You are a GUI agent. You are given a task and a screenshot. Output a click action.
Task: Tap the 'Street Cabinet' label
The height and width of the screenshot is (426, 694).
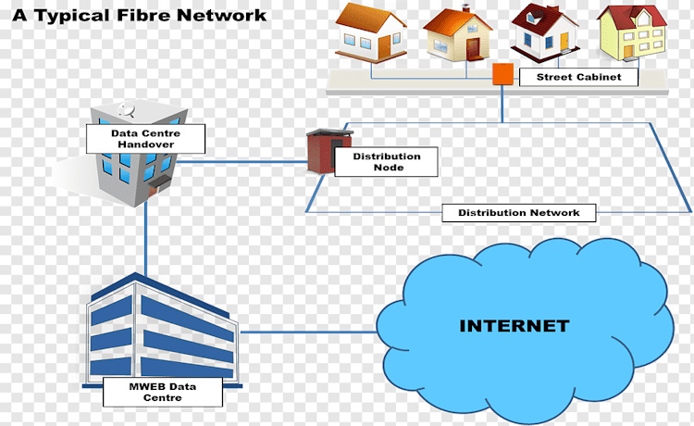[x=577, y=78]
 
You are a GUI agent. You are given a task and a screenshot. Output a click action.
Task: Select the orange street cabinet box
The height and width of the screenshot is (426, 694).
[x=502, y=74]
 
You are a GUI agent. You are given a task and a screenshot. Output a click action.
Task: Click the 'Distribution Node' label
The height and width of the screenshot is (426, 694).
[x=386, y=162]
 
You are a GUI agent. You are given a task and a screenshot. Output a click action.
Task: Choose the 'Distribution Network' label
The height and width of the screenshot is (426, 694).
[x=519, y=213]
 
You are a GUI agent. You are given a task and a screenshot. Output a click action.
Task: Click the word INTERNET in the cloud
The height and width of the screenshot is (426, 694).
[x=514, y=326]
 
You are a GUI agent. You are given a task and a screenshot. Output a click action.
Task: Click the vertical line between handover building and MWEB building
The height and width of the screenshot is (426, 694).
[x=145, y=236]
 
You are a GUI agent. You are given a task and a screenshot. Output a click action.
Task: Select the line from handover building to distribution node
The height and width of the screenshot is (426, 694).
[x=241, y=161]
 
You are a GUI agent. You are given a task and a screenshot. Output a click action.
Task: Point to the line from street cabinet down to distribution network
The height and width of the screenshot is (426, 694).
[x=502, y=104]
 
